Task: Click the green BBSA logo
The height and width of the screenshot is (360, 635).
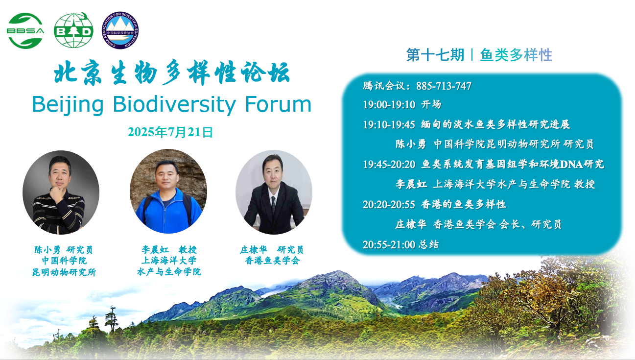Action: point(25,31)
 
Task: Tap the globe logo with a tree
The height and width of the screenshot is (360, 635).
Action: point(73,30)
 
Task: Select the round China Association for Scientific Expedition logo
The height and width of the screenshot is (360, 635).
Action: point(120,30)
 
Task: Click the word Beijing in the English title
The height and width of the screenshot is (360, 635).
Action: point(68,105)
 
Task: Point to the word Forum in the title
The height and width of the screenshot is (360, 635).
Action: point(278,104)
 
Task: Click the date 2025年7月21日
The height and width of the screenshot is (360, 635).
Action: point(170,132)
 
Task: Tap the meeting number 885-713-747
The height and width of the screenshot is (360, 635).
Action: point(444,86)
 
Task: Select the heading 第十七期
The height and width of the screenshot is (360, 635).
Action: point(435,55)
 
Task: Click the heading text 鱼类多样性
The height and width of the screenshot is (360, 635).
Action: point(516,55)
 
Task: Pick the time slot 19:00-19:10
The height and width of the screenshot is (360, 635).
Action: point(389,105)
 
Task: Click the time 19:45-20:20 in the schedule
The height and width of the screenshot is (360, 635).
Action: point(389,165)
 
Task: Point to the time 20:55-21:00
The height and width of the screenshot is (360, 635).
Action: point(389,245)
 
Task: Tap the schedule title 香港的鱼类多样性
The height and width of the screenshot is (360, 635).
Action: point(464,204)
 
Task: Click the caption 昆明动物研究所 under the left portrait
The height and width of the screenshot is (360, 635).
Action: point(64,272)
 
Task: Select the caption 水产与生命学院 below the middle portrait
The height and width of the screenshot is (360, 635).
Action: point(169,272)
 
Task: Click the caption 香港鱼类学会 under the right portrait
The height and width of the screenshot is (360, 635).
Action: point(272,261)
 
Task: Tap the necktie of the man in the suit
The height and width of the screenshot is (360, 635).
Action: point(273,204)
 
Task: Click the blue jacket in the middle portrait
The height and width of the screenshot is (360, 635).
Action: point(169,213)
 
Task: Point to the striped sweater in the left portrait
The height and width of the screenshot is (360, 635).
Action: point(58,213)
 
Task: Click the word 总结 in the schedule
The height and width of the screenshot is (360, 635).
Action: point(429,244)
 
